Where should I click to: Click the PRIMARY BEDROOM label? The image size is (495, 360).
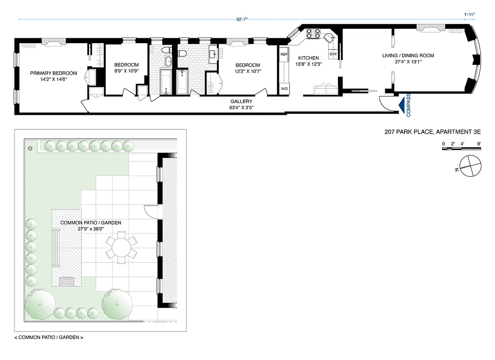53,73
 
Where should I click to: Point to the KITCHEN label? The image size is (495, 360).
308,58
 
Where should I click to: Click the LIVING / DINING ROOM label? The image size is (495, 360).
408,55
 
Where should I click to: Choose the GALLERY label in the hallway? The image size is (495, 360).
241,102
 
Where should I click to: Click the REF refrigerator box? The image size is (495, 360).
284,54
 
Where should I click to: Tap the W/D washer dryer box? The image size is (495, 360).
284,88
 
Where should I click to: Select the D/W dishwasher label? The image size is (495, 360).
333,54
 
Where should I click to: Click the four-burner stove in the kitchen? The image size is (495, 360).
313,33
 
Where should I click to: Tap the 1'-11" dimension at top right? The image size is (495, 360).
469,14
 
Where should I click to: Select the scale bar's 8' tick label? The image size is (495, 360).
480,144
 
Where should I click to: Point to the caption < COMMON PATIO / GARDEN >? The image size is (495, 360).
49,337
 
